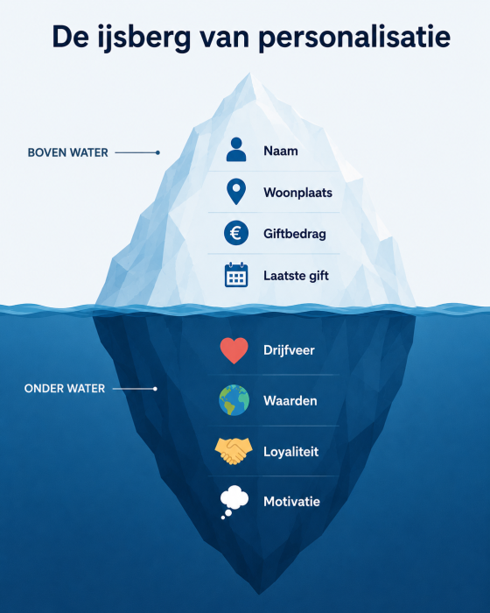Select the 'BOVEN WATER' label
[x=67, y=152]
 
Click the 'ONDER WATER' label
[x=65, y=389]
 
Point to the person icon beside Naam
[x=236, y=150]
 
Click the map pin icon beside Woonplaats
[x=236, y=192]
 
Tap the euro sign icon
[x=236, y=233]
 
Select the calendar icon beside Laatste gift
[x=236, y=275]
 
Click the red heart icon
[x=234, y=350]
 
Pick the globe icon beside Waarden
[x=234, y=400]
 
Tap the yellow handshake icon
[x=234, y=451]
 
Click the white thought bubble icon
[x=234, y=502]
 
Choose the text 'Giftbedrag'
[x=295, y=234]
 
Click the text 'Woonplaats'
[x=297, y=193]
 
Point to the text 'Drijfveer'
[x=289, y=350]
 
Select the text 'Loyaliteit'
[x=290, y=452]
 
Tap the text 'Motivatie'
[x=291, y=502]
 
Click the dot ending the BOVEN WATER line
[x=157, y=152]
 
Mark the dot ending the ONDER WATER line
[x=155, y=389]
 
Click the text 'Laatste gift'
[x=296, y=276]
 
